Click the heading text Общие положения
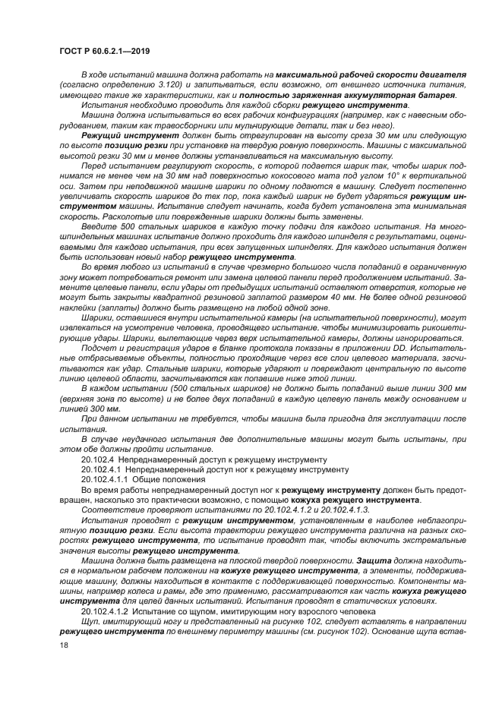pos(156,479)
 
